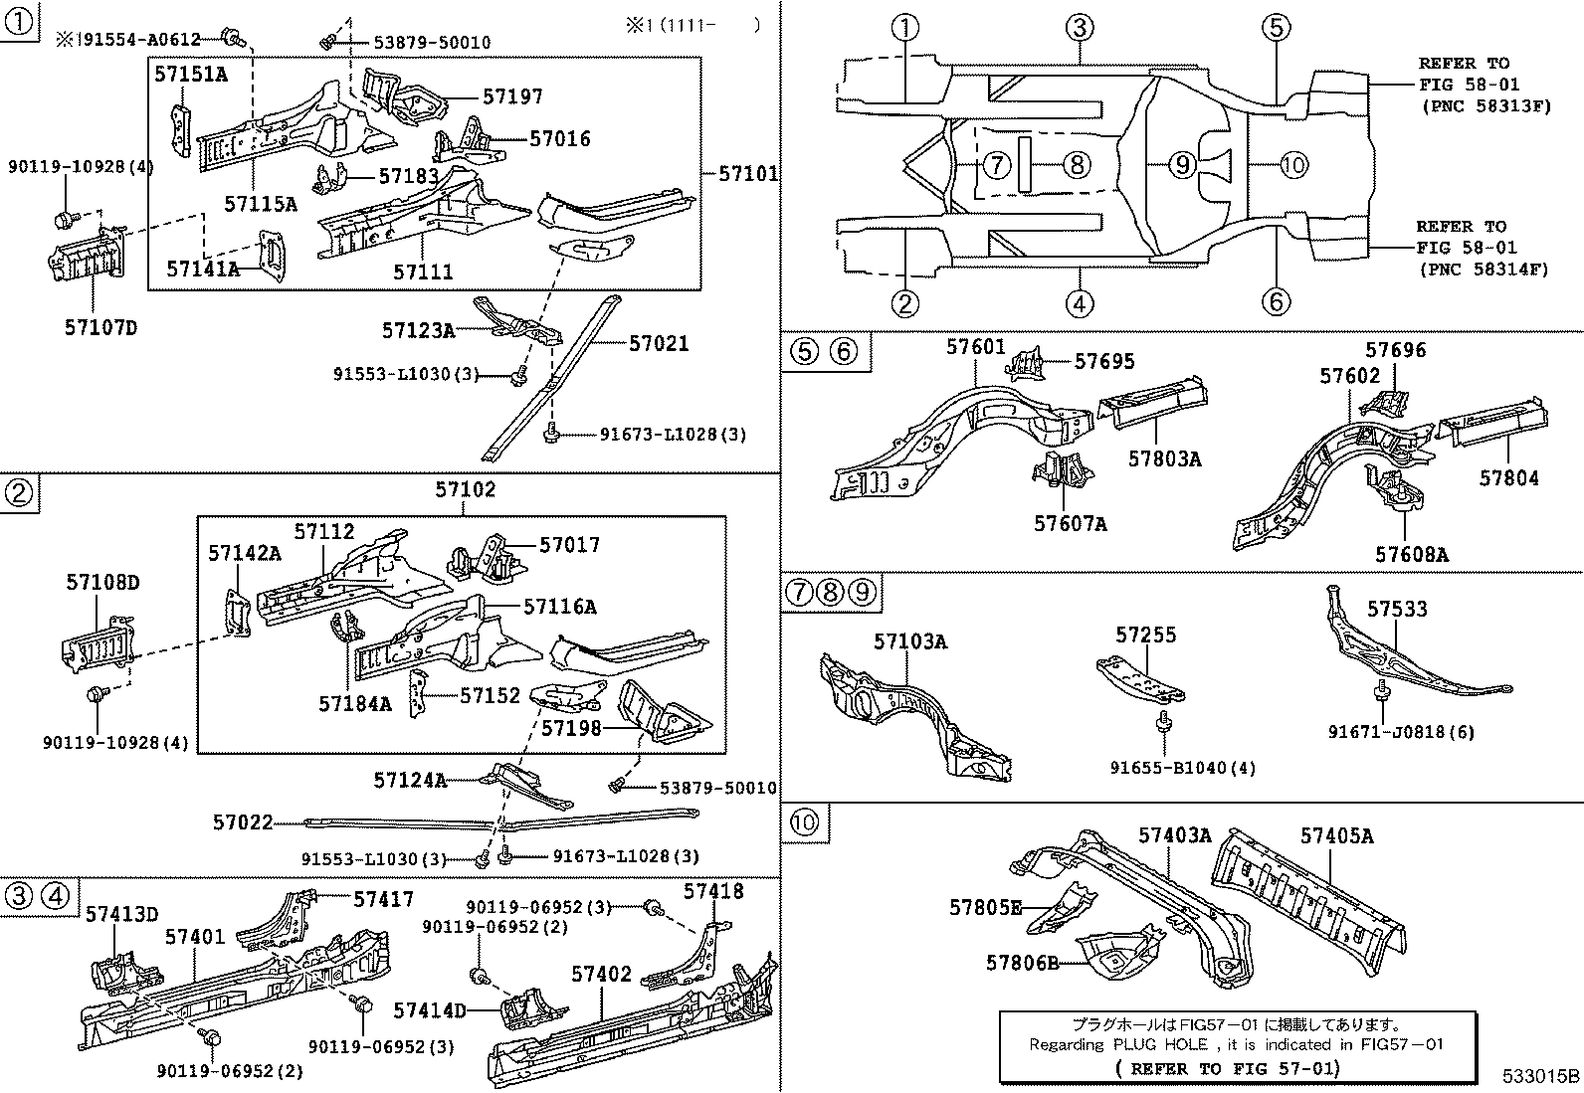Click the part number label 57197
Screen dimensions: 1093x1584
512,96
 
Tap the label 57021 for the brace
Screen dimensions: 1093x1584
658,343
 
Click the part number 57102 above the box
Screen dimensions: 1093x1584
465,489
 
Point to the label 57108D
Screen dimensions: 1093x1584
102,582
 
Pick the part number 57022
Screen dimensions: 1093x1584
242,822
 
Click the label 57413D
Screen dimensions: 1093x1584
121,914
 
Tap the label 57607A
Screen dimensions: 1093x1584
1070,523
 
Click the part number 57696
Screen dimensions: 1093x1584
1395,350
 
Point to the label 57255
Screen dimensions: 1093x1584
1145,635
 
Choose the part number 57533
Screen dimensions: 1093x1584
1396,609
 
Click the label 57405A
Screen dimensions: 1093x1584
1336,836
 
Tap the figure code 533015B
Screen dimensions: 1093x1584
1540,1076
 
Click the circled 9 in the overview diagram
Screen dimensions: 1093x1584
1180,164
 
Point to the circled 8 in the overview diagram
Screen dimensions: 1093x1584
1076,164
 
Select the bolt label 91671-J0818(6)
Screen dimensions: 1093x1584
1401,732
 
